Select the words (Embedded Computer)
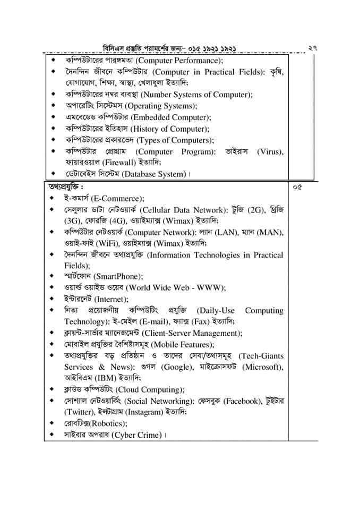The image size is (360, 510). [x=168, y=117]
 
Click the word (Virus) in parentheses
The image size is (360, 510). [x=269, y=152]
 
